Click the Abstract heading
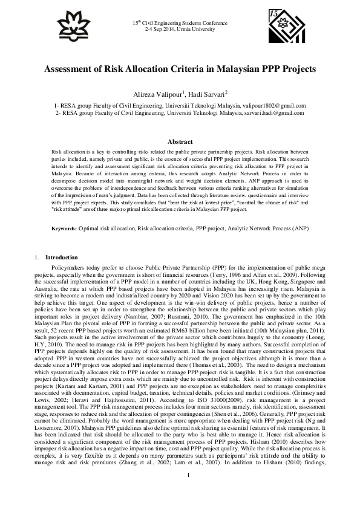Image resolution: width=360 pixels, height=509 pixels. coord(180,141)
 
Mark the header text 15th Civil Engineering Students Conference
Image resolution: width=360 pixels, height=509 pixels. coord(180,22)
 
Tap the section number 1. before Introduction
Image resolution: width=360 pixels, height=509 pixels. coord(39,258)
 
